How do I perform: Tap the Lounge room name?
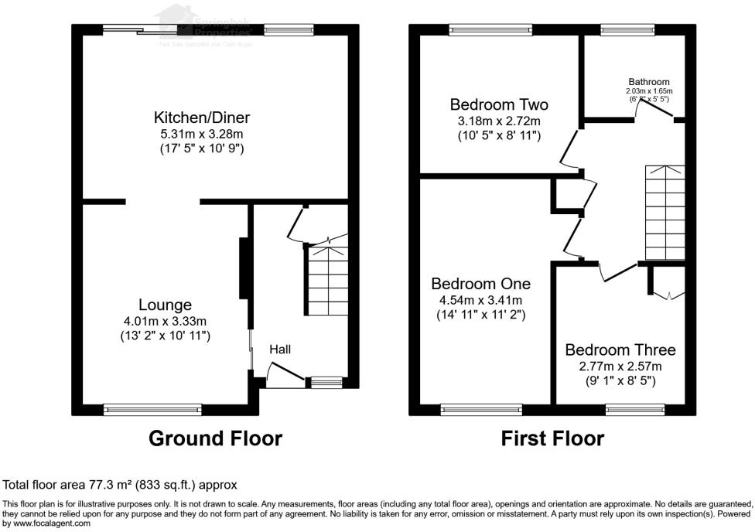[x=165, y=305]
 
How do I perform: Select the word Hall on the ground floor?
[x=280, y=350]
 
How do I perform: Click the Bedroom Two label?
[x=499, y=104]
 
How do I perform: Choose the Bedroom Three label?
[x=620, y=350]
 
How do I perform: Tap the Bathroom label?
[x=649, y=81]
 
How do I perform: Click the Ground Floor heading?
[x=215, y=438]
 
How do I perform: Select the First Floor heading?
[x=552, y=438]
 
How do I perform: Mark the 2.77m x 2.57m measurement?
[x=620, y=366]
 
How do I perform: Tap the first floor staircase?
[x=664, y=213]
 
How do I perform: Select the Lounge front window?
[x=153, y=408]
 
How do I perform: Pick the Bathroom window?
[x=627, y=30]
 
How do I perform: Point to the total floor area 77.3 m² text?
[x=120, y=485]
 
